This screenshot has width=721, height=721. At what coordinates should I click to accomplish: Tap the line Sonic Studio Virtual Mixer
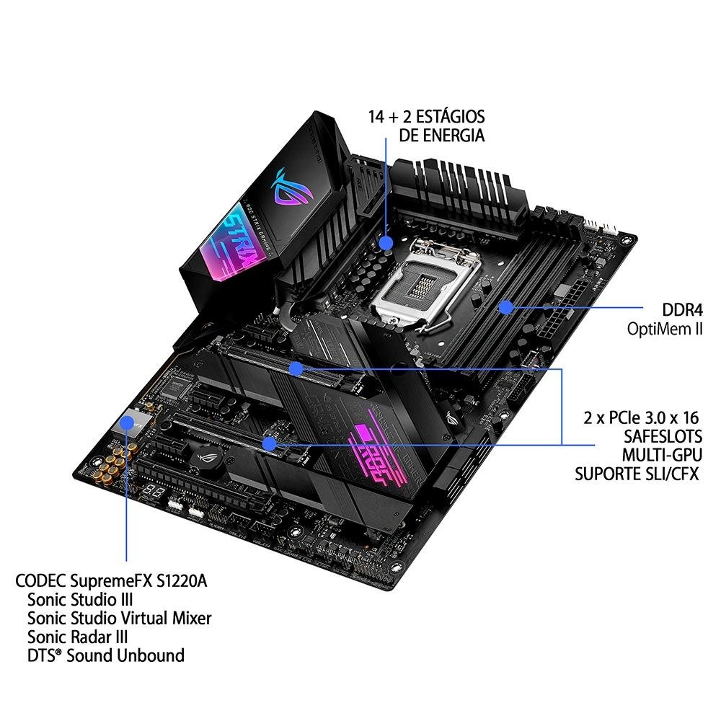[x=120, y=618]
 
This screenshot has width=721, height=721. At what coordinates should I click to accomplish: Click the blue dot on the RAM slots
[x=507, y=307]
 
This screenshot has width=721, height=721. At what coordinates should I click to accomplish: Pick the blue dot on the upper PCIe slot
[x=296, y=369]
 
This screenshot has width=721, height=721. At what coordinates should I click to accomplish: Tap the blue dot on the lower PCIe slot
[x=268, y=443]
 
